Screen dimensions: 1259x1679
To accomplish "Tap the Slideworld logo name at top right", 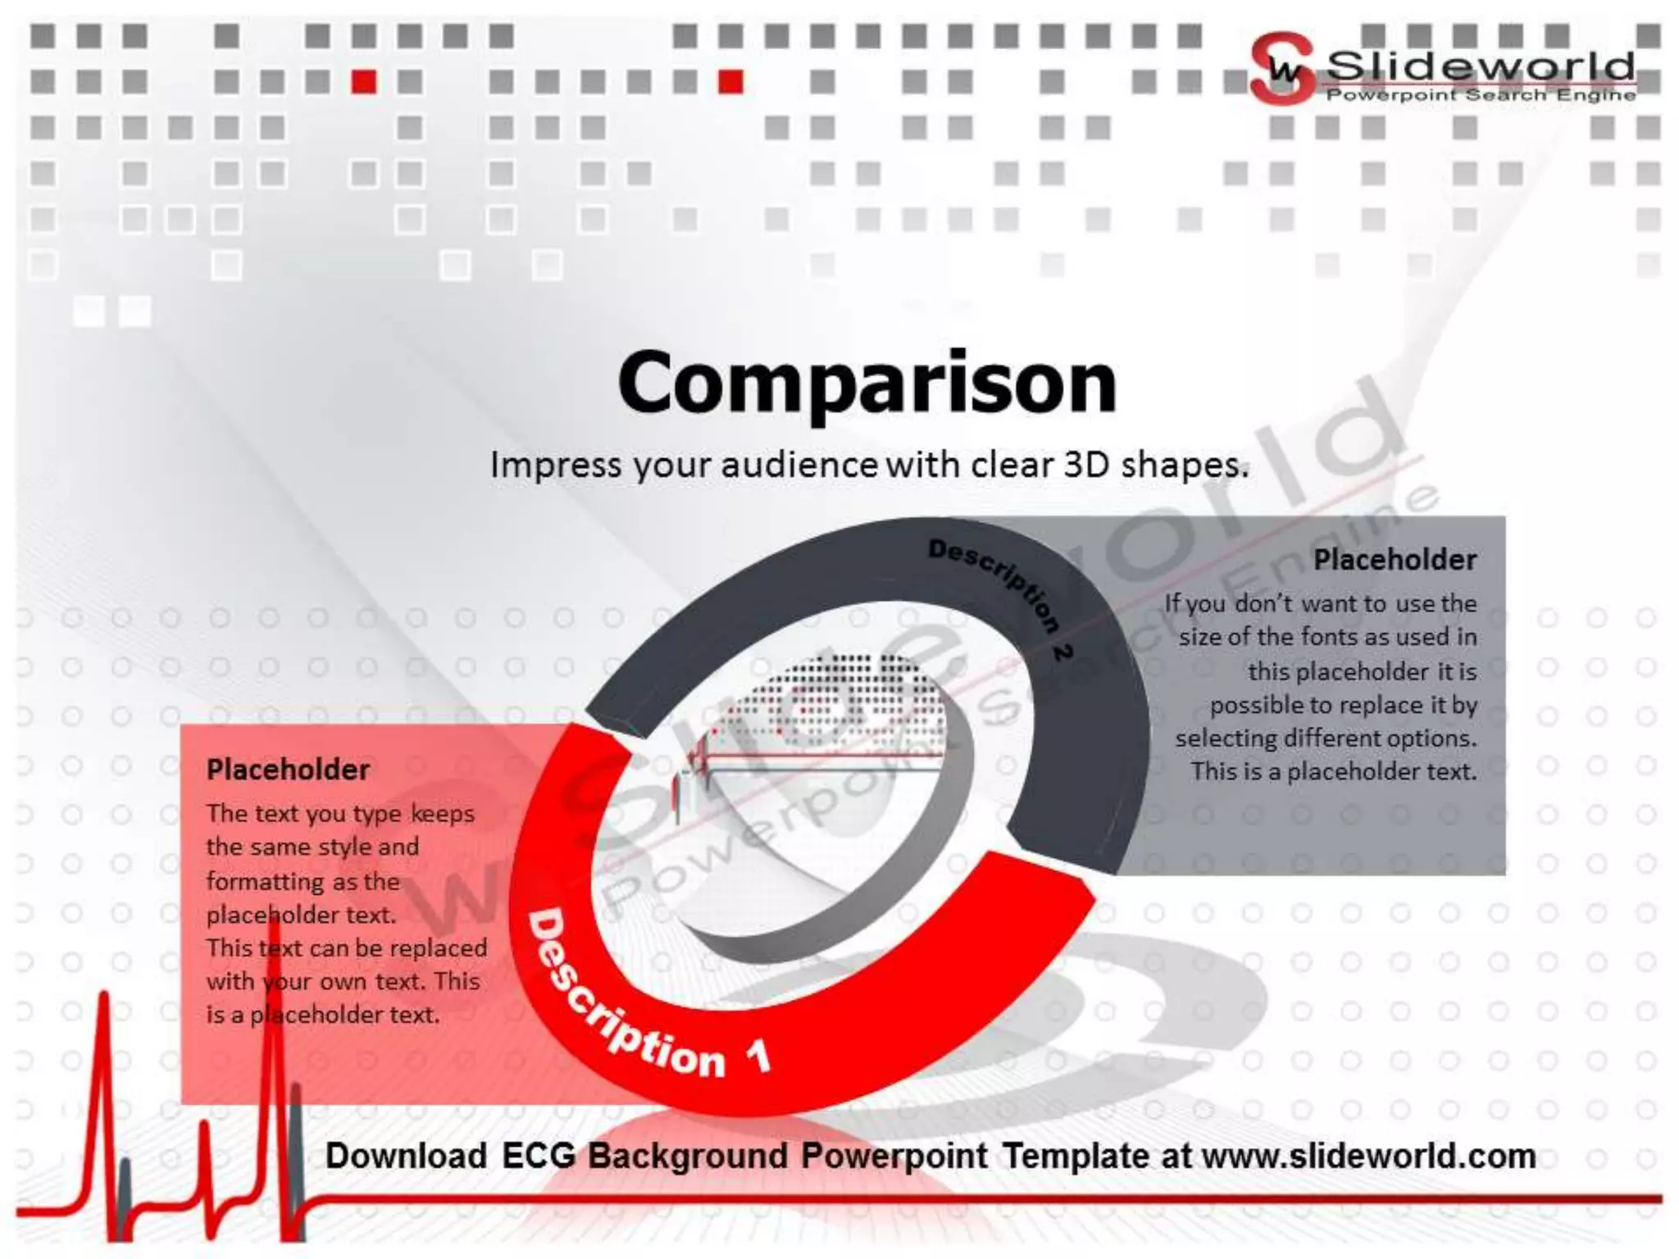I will (1480, 66).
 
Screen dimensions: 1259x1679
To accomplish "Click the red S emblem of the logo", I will (1281, 69).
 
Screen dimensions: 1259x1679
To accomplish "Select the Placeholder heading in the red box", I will (288, 770).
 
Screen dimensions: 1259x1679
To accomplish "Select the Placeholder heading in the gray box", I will (1395, 560).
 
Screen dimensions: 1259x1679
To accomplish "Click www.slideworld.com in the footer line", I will (1368, 1156).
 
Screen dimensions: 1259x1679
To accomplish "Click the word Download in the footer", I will (406, 1156).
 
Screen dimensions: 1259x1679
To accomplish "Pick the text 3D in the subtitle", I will (1087, 465).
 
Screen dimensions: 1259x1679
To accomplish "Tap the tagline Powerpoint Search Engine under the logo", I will (1480, 95).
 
